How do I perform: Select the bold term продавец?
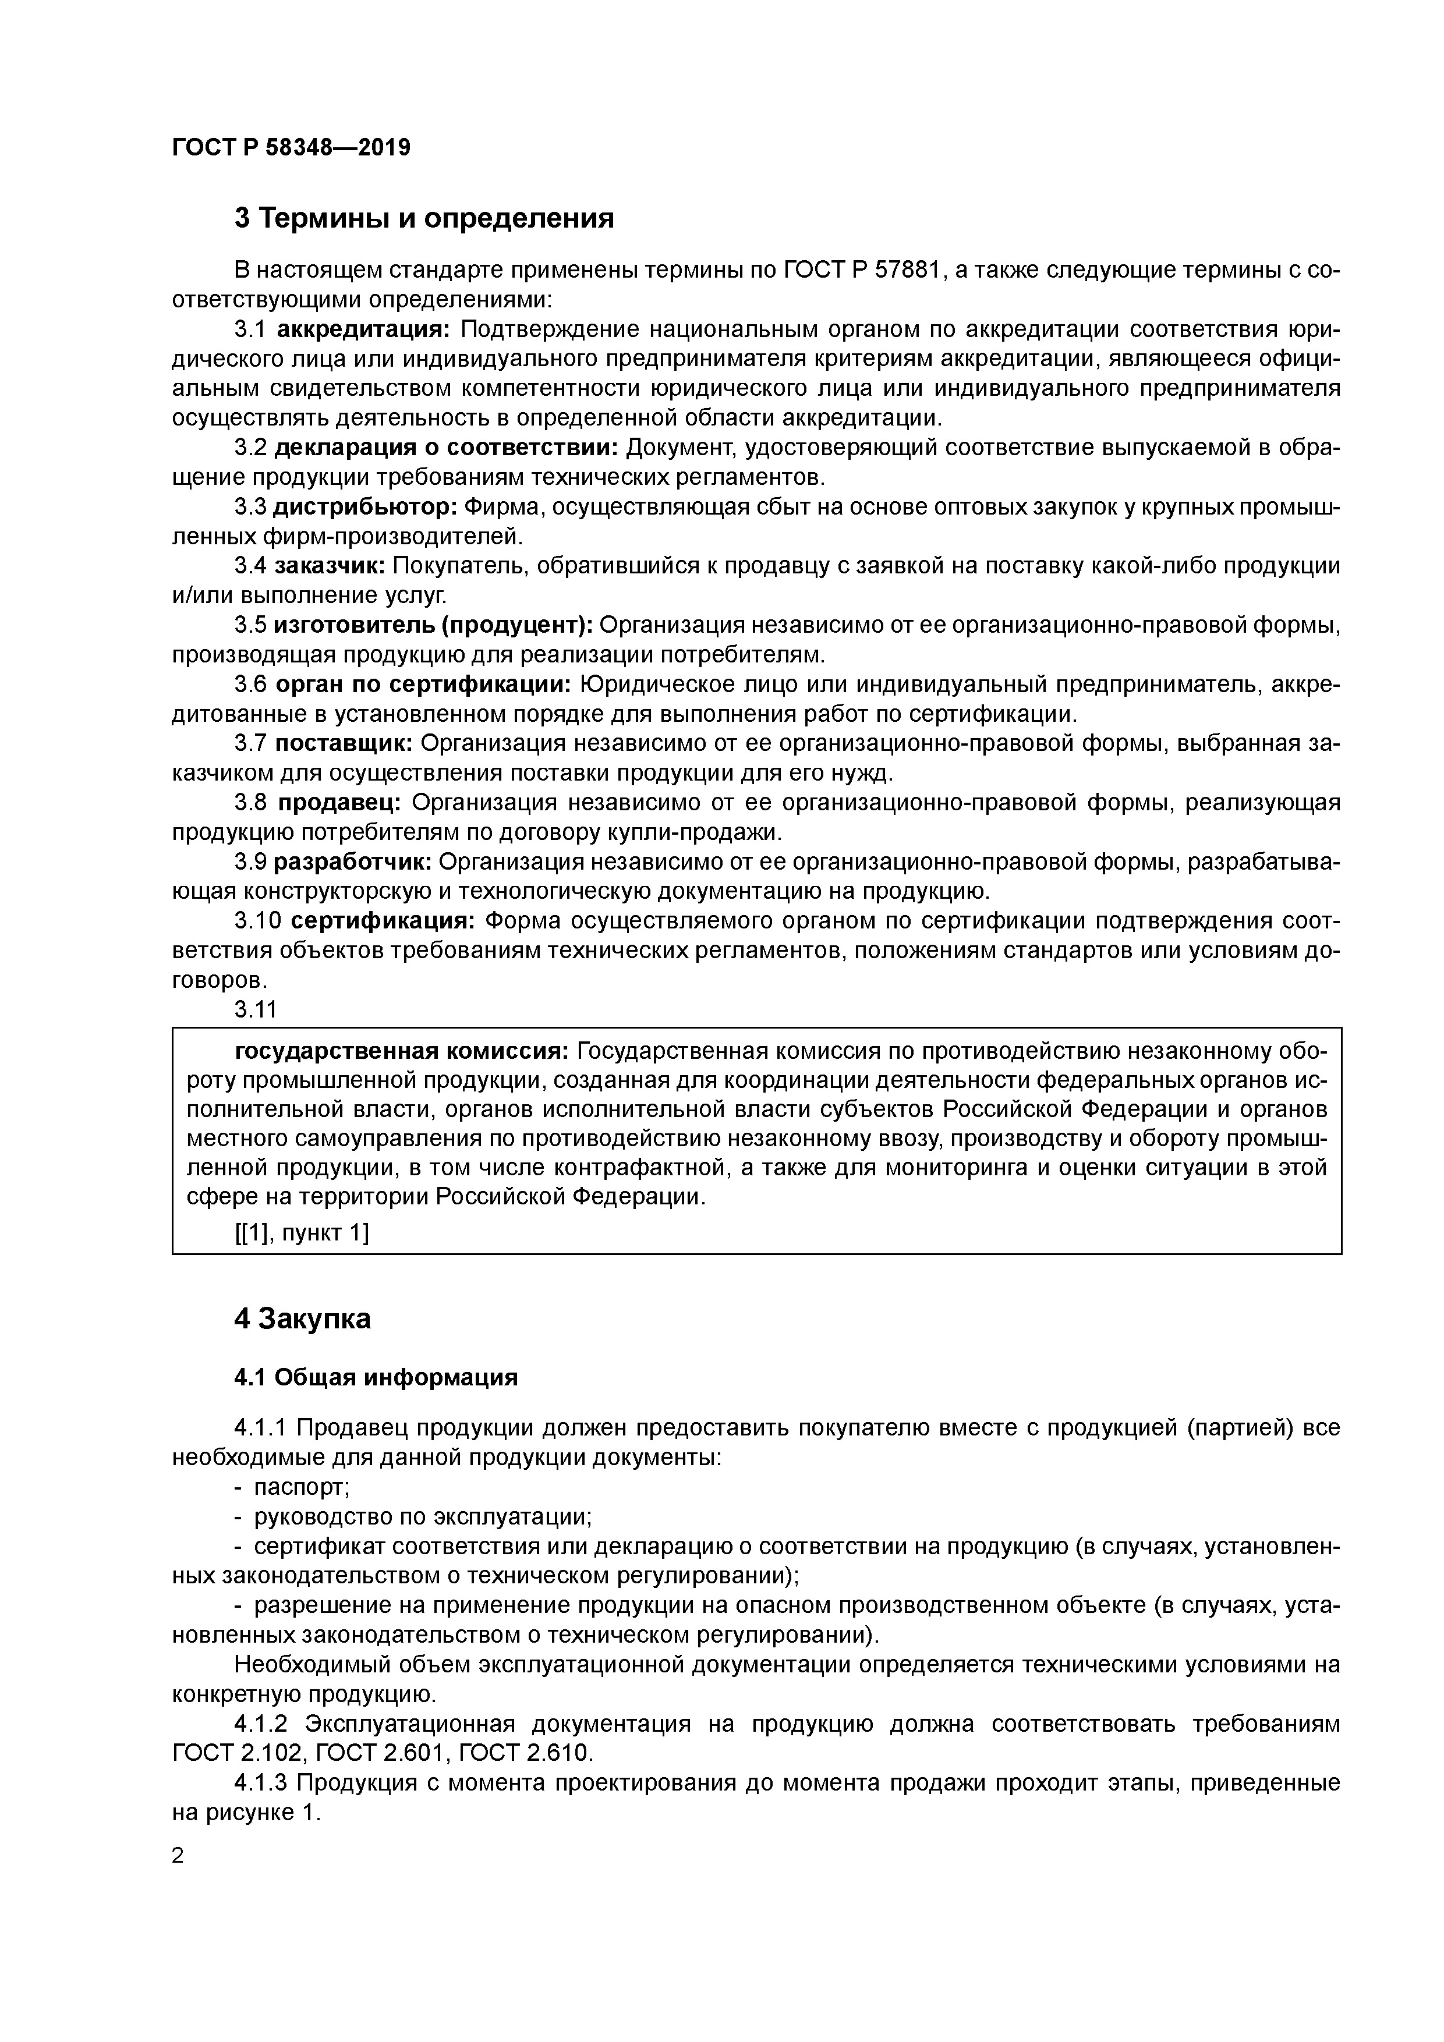coord(339,803)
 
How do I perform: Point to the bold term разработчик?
coord(352,862)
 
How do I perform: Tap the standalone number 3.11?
coord(256,1009)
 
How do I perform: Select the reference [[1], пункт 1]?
coord(302,1233)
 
